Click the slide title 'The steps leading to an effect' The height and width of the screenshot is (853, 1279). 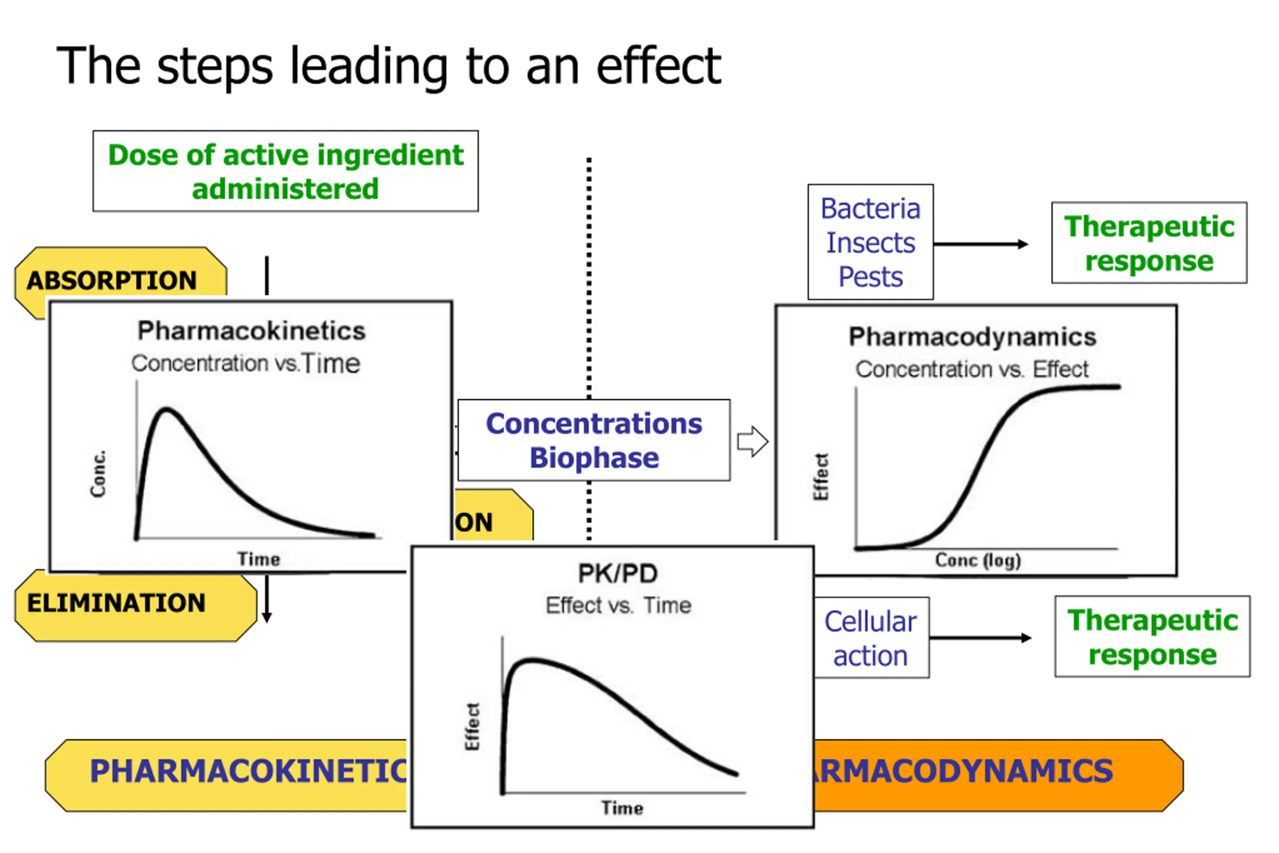(x=388, y=66)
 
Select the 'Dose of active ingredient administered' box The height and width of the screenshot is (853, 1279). (x=285, y=171)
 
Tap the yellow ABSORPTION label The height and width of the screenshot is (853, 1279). (x=112, y=280)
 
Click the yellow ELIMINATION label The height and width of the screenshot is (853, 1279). (x=116, y=603)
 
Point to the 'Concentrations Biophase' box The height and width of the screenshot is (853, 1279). (x=594, y=440)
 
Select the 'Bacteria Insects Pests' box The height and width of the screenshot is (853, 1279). (x=870, y=242)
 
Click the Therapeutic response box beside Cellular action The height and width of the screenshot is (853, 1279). (x=1152, y=637)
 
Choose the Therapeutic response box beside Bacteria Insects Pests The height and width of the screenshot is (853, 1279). (x=1149, y=243)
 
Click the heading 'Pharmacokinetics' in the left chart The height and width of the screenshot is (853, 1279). (x=251, y=331)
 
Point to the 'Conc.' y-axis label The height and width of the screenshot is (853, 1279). (x=98, y=473)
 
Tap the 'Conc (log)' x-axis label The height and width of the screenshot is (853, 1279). (x=978, y=560)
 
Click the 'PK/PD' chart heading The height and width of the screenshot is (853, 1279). (x=618, y=573)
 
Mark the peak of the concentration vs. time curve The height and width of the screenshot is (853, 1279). (x=166, y=409)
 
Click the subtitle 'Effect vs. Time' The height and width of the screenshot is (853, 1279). (x=619, y=606)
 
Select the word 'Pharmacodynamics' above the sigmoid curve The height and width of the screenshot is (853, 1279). (x=972, y=337)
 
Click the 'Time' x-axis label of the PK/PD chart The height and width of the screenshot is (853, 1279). (x=622, y=808)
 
